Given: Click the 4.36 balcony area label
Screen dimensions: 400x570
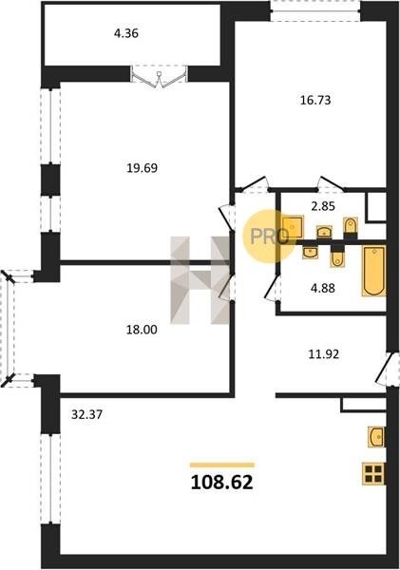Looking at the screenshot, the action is click(x=126, y=33).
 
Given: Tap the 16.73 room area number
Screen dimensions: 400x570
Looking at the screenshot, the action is click(x=315, y=100).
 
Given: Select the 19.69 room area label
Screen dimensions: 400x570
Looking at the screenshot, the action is click(x=142, y=168).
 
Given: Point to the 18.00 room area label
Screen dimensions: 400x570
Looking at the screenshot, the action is click(x=142, y=330).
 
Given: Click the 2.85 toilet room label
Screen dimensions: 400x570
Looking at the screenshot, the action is click(x=323, y=206).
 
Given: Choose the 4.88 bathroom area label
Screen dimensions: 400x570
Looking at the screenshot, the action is click(x=323, y=288).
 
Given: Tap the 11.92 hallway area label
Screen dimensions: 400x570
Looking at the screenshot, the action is click(x=324, y=354).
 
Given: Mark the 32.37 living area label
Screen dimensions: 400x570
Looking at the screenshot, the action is click(x=86, y=414).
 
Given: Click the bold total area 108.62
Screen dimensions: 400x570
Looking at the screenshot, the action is click(x=221, y=483).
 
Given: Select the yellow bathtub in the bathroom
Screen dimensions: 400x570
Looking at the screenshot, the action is click(x=373, y=271).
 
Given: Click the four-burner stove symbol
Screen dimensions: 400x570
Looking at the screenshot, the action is click(x=373, y=474).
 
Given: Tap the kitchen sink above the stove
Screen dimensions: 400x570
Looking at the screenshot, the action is click(x=376, y=436).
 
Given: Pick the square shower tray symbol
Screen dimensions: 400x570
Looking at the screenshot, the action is click(x=293, y=227).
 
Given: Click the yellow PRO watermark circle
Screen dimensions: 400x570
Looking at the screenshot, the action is click(x=269, y=236).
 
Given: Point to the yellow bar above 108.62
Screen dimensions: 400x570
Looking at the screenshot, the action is click(x=222, y=465).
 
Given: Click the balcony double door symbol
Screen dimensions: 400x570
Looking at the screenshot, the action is click(x=159, y=78).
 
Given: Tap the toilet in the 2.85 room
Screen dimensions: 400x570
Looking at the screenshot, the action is click(x=351, y=226).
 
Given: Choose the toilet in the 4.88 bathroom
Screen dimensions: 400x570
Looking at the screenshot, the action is click(x=337, y=258).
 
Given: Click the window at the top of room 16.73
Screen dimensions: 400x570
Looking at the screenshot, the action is click(x=315, y=10).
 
